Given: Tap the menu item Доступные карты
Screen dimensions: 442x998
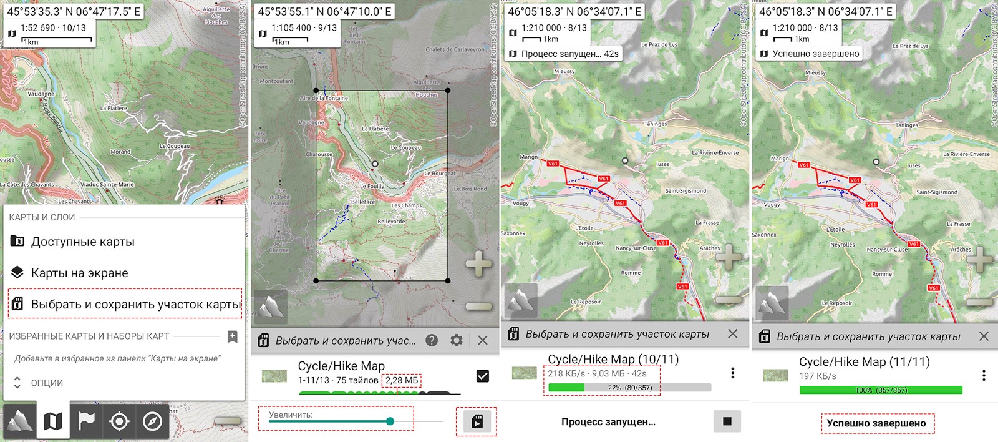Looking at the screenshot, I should pyautogui.click(x=82, y=242).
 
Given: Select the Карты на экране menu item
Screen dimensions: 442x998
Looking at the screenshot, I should pyautogui.click(x=79, y=273).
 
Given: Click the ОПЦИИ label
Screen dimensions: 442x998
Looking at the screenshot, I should pyautogui.click(x=47, y=383).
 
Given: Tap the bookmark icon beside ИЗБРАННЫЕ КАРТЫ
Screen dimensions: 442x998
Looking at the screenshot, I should pyautogui.click(x=232, y=336).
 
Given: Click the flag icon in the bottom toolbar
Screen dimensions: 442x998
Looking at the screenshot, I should pyautogui.click(x=86, y=421).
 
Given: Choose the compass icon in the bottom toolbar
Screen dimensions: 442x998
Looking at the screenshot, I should pyautogui.click(x=152, y=421).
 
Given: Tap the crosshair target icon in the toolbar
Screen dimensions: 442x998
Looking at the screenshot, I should pyautogui.click(x=119, y=421).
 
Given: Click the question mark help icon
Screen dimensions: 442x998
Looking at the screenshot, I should pyautogui.click(x=432, y=340).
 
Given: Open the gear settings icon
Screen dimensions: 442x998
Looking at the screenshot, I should pyautogui.click(x=457, y=340).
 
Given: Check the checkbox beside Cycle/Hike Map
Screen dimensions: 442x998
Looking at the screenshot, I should pyautogui.click(x=482, y=376).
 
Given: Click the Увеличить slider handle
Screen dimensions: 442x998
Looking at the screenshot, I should pyautogui.click(x=390, y=421).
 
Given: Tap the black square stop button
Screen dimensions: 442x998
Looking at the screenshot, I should pyautogui.click(x=727, y=421).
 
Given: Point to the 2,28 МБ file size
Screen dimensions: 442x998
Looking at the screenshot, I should pyautogui.click(x=402, y=380).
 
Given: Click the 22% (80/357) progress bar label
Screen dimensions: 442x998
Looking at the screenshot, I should pyautogui.click(x=629, y=388).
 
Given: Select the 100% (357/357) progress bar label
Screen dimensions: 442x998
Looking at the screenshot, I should pyautogui.click(x=881, y=390).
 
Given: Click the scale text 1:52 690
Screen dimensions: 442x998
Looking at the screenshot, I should pyautogui.click(x=38, y=28).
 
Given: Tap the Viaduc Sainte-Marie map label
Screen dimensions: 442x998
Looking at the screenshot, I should pyautogui.click(x=107, y=185).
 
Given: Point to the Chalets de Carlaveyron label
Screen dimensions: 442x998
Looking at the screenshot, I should pyautogui.click(x=455, y=49).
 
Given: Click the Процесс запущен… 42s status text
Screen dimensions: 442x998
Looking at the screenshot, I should pyautogui.click(x=569, y=54).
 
